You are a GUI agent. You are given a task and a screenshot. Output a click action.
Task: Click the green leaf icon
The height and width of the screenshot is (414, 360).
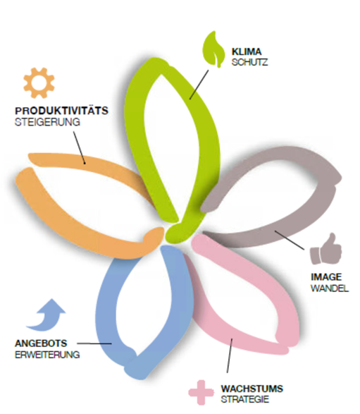213,49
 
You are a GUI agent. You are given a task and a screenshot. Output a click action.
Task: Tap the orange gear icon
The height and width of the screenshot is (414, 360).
39,83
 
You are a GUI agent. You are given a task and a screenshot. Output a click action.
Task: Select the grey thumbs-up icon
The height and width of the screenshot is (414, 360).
326,249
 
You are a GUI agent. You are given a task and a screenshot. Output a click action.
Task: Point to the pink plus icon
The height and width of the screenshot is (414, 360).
201,393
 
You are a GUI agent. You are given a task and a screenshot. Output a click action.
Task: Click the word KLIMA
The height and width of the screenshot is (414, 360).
247,51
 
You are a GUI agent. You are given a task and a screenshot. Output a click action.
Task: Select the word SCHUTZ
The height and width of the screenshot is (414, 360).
250,62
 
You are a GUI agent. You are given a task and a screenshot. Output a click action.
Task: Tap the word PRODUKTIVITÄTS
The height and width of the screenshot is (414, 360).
61,110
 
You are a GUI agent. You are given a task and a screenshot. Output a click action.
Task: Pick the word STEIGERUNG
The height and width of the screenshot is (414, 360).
47,122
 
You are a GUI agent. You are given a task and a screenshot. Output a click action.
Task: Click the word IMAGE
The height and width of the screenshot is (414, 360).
326,277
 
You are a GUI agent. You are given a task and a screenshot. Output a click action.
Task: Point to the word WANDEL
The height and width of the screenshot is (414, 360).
330,288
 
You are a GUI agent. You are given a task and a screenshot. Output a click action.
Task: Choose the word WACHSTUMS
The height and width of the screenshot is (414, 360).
252,389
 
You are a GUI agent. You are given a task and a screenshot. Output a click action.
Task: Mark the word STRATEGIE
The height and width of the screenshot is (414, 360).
245,399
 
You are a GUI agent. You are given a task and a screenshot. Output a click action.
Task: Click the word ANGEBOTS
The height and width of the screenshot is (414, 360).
41,343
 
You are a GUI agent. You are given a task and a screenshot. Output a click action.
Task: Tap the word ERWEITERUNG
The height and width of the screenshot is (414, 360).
47,354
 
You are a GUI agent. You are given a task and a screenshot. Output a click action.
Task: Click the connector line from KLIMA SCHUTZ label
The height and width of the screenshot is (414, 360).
199,85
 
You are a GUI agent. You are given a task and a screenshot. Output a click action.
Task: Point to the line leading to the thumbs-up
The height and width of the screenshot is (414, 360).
290,240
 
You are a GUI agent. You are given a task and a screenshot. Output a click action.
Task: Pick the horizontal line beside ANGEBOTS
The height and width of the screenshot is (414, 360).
94,343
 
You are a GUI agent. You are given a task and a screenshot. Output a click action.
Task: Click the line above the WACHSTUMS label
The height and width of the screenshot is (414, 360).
230,355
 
